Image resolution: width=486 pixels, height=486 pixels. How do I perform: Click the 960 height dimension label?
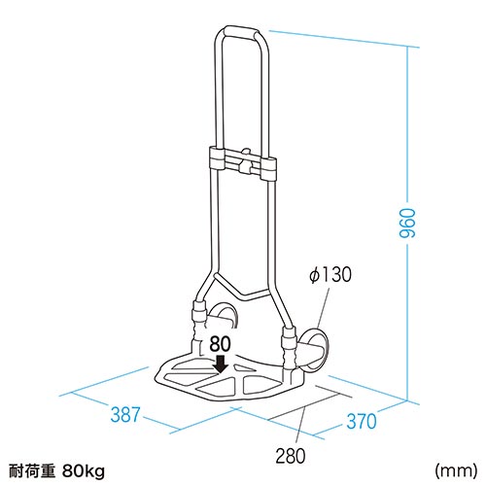click(407, 224)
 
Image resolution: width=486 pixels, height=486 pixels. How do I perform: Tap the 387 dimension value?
click(125, 414)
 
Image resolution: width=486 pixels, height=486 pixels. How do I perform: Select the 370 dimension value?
click(362, 421)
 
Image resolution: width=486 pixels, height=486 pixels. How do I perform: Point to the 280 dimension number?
click(291, 456)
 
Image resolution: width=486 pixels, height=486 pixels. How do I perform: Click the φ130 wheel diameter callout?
click(330, 274)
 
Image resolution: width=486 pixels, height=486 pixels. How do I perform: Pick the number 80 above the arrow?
click(220, 344)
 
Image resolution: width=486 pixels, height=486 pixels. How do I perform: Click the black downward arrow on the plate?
click(222, 364)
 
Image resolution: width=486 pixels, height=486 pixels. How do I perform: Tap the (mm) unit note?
click(456, 470)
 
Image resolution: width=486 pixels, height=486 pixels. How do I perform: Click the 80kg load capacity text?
click(84, 470)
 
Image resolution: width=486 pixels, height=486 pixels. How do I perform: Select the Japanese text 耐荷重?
click(32, 471)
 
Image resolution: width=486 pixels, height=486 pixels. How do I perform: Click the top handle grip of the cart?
click(240, 32)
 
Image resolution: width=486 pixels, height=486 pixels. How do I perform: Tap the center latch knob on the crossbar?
click(246, 160)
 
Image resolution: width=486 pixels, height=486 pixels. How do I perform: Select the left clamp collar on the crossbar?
click(217, 158)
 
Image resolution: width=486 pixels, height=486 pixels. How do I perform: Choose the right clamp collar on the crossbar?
click(268, 169)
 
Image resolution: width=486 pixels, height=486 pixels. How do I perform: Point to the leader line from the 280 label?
click(302, 427)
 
